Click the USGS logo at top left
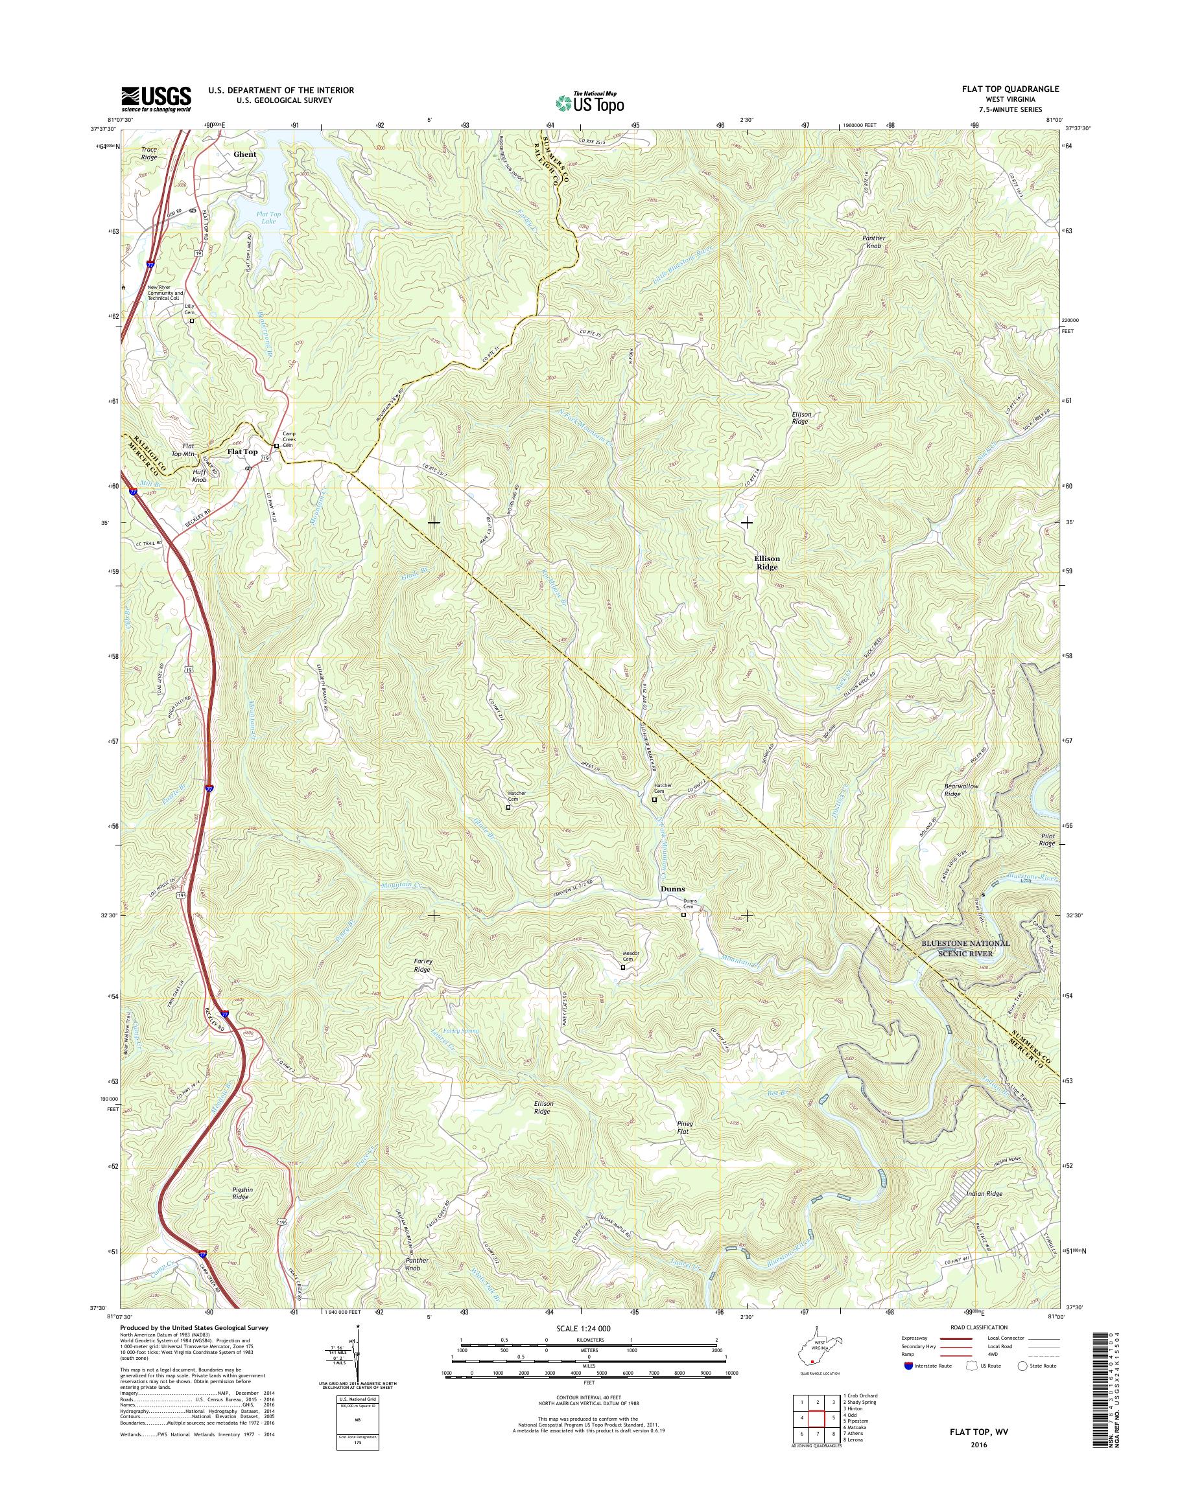coord(156,98)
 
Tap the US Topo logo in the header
coord(589,102)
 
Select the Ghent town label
coord(244,155)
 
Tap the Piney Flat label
coord(684,1127)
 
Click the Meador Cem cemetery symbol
coord(622,967)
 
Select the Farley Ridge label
coord(421,965)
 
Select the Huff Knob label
coord(199,475)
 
